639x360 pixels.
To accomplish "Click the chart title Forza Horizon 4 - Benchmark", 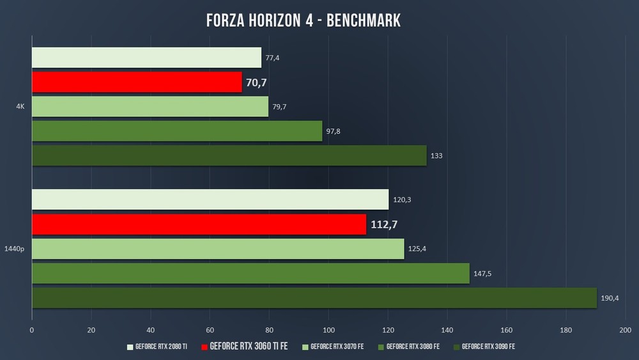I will pyautogui.click(x=304, y=20).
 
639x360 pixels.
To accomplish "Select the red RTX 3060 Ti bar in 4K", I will pyautogui.click(x=137, y=82).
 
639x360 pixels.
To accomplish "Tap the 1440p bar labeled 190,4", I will pyautogui.click(x=314, y=298).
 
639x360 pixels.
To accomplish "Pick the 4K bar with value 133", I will pyautogui.click(x=229, y=155).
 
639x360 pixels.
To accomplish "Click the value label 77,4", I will pyautogui.click(x=272, y=58).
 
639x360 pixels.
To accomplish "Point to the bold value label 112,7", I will pyautogui.click(x=384, y=224).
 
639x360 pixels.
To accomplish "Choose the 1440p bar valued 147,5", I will pyautogui.click(x=250, y=274).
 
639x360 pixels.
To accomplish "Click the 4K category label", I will pyautogui.click(x=20, y=107).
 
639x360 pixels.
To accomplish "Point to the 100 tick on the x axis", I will pyautogui.click(x=328, y=330).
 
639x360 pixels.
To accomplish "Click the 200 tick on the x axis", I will pyautogui.click(x=625, y=330).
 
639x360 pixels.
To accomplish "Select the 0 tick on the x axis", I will pyautogui.click(x=32, y=330).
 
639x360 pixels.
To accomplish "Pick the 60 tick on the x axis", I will pyautogui.click(x=210, y=330).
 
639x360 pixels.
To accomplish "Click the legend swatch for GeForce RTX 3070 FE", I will pyautogui.click(x=306, y=347).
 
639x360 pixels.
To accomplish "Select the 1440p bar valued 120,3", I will pyautogui.click(x=210, y=200).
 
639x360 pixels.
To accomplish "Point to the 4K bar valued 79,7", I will pyautogui.click(x=150, y=107).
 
